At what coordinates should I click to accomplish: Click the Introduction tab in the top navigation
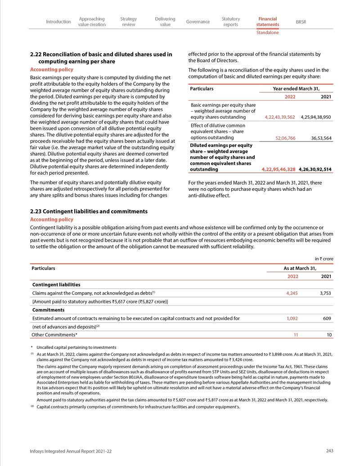tap(58, 22)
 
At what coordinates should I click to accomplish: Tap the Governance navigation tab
tap(198, 22)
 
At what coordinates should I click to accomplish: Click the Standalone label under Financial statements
tap(267, 33)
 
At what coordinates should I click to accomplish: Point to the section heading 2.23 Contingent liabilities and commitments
tap(89, 211)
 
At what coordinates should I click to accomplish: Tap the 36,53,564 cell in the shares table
tap(321, 138)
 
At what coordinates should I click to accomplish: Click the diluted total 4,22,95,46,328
tap(279, 170)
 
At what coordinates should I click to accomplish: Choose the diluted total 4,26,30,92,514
tap(315, 170)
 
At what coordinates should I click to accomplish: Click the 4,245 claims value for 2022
tap(293, 293)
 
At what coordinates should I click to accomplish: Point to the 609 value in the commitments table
tap(327, 318)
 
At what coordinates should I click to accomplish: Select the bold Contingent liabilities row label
tap(56, 285)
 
